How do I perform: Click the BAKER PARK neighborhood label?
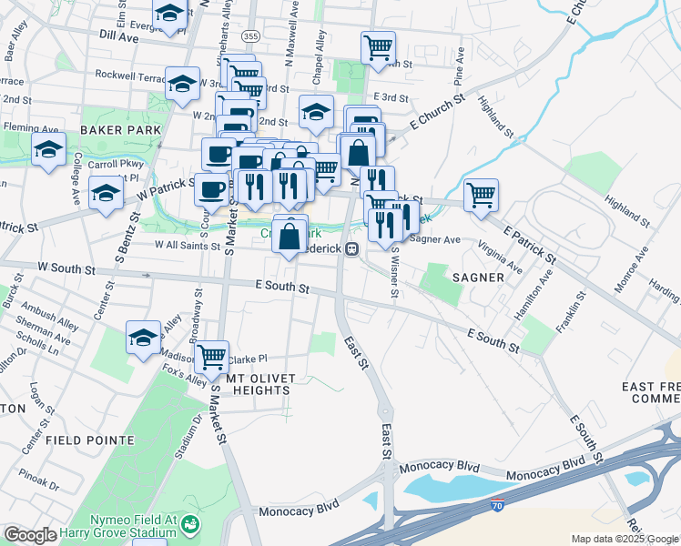[x=120, y=130]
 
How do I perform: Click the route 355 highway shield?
[x=251, y=35]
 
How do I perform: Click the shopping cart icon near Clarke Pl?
[x=212, y=356]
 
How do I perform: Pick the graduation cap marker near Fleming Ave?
[x=48, y=151]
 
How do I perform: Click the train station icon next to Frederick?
[x=351, y=248]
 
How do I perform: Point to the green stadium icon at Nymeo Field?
[x=190, y=524]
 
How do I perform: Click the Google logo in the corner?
[x=30, y=535]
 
